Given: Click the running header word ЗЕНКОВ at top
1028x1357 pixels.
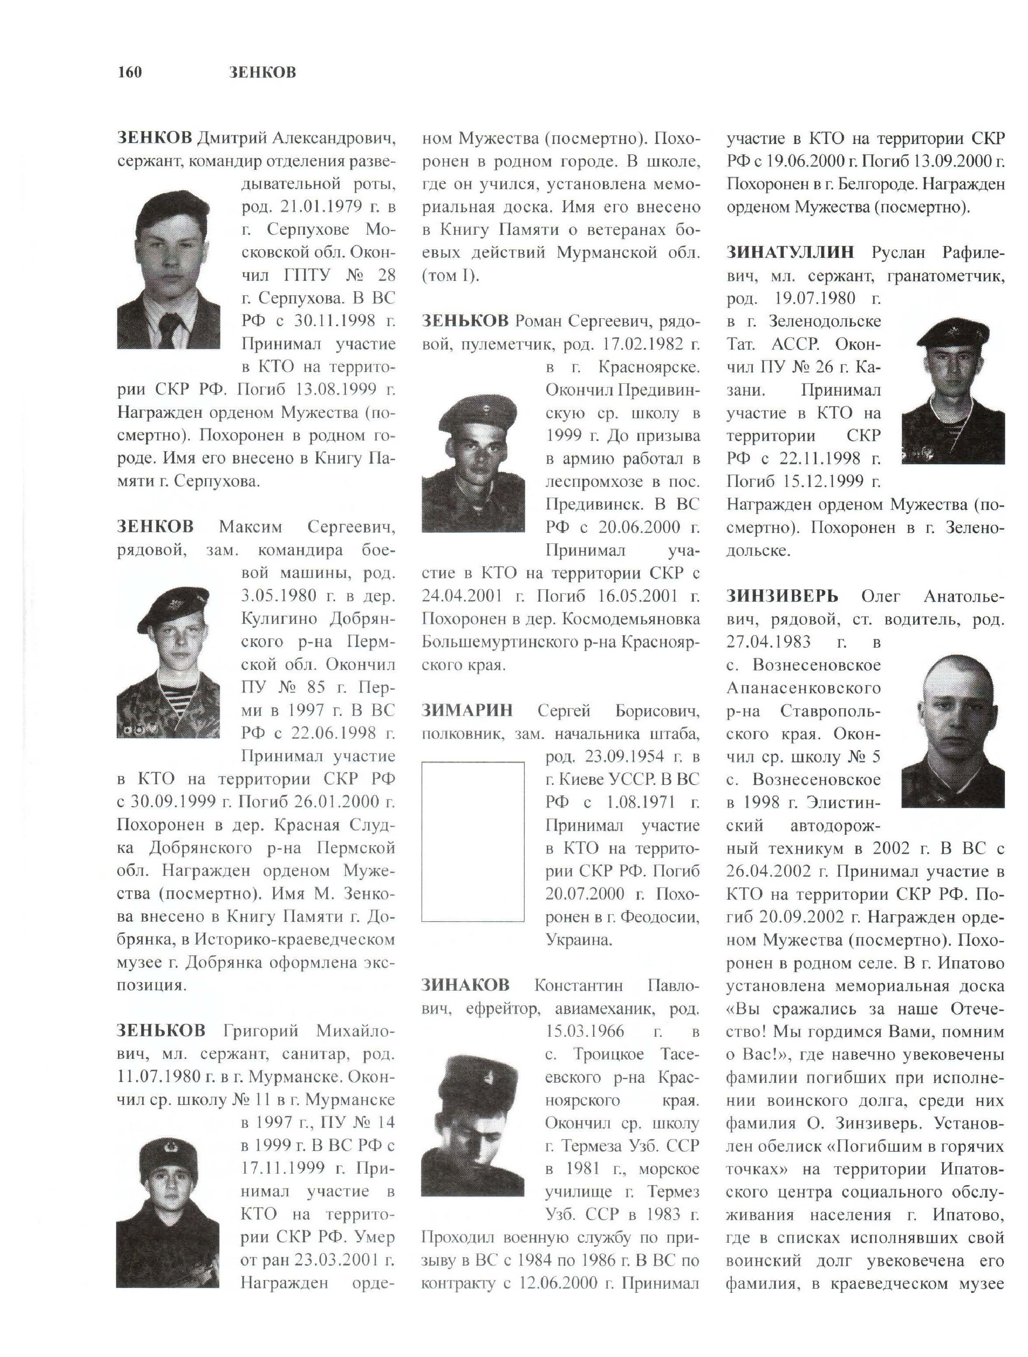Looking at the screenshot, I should [x=262, y=72].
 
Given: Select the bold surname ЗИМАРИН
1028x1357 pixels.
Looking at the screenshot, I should [x=466, y=711].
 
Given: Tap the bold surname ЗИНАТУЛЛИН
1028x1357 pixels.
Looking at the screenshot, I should [x=790, y=252].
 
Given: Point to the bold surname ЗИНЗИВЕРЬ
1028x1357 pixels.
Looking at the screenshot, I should [x=782, y=596].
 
